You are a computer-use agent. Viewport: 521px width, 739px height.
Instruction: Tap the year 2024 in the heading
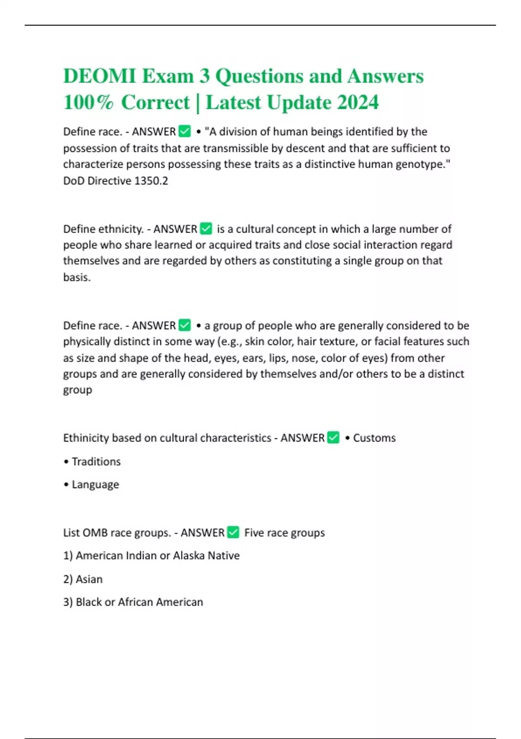click(x=358, y=103)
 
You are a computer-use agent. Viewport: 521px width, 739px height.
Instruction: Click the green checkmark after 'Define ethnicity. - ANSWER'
click(x=206, y=229)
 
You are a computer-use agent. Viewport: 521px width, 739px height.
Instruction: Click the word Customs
click(x=374, y=438)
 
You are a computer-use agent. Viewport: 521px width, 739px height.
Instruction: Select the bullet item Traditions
click(x=96, y=461)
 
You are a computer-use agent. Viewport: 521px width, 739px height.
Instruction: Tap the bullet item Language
click(x=95, y=484)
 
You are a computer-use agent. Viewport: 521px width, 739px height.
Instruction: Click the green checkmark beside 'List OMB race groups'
click(x=233, y=533)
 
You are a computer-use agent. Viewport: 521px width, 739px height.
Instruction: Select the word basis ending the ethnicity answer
click(x=76, y=277)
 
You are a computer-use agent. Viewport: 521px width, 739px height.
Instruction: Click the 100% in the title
click(x=88, y=103)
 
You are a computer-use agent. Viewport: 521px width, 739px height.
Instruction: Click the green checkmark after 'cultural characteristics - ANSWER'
click(x=333, y=438)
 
